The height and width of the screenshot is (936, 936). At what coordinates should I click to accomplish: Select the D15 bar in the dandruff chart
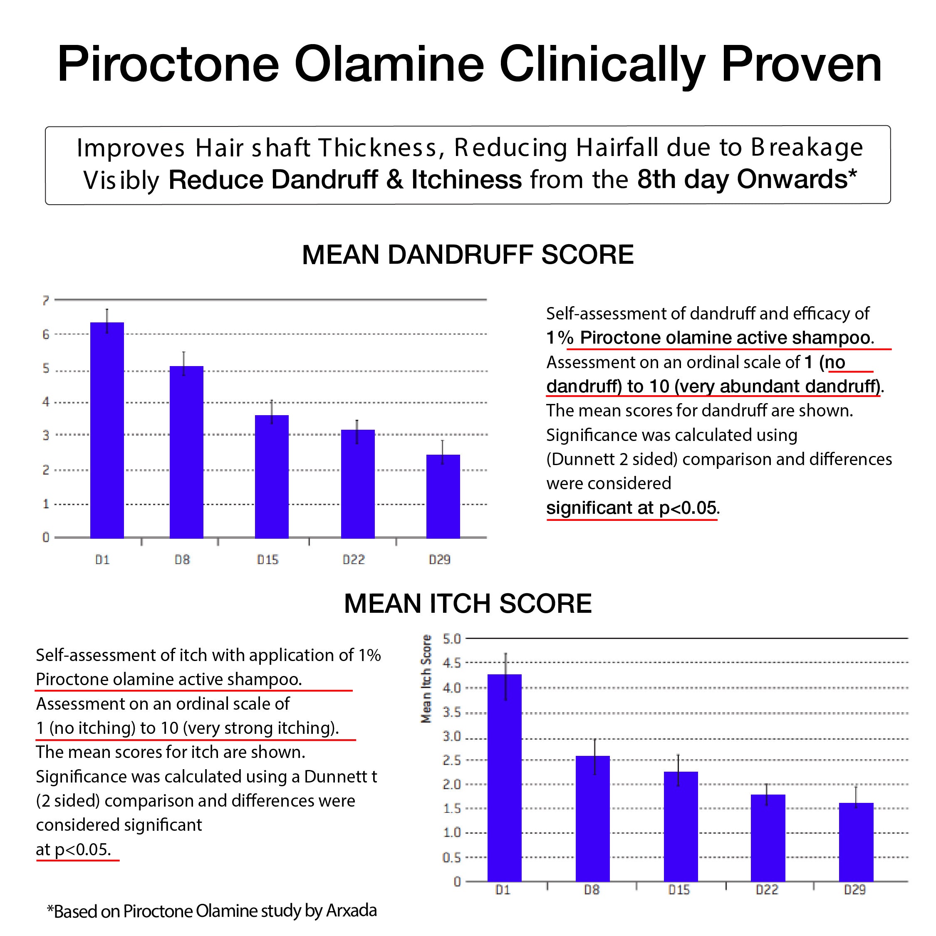click(x=271, y=477)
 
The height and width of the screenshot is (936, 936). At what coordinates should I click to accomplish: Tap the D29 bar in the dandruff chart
click(x=443, y=496)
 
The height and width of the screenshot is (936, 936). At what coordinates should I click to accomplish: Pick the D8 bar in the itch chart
click(x=592, y=819)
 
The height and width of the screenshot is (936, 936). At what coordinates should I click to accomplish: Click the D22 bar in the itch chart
click(x=768, y=838)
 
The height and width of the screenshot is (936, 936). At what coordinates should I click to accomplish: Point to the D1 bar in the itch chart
click(x=504, y=778)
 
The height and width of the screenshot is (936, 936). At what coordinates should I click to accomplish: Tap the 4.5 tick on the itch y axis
click(x=451, y=663)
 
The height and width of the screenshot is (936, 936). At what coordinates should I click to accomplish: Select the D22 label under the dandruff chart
click(x=353, y=560)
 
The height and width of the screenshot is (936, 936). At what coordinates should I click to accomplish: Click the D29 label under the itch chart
click(x=854, y=890)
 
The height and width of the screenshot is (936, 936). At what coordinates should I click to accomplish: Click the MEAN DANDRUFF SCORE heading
click(x=468, y=255)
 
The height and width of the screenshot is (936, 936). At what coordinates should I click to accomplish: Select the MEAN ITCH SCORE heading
click(x=468, y=604)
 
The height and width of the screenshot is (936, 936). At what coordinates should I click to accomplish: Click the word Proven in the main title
click(x=801, y=65)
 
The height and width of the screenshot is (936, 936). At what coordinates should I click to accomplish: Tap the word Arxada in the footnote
click(x=351, y=911)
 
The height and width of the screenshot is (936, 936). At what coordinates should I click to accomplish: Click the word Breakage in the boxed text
click(x=807, y=147)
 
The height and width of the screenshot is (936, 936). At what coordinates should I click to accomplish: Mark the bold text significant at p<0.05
click(x=631, y=508)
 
